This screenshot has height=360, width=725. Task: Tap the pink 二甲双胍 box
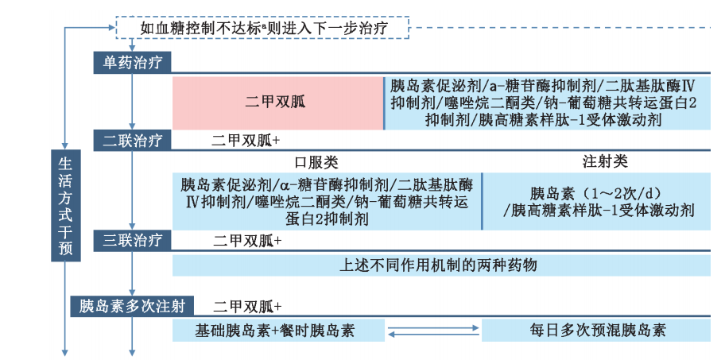point(278,103)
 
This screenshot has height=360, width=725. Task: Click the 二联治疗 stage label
point(132,141)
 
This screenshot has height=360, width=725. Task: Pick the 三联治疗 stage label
point(132,239)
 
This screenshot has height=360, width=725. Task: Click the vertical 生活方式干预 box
point(65,206)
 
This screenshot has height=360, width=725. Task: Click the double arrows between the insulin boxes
point(433,330)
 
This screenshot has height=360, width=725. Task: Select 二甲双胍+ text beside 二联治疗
point(247,141)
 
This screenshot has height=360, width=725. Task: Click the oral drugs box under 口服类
point(327,202)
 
